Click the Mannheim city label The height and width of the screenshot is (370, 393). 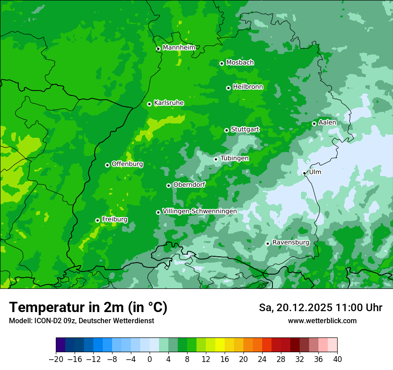(179, 48)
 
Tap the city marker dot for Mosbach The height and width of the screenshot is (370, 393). (222, 63)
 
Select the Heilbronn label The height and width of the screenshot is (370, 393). (248, 87)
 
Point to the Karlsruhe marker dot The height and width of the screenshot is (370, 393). (149, 104)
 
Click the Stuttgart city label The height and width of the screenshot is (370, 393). (245, 130)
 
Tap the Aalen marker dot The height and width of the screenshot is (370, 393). (314, 123)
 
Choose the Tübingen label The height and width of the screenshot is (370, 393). (234, 158)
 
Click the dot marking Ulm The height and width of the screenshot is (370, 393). (304, 173)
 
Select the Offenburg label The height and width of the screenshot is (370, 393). (127, 164)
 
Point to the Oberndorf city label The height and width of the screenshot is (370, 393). (189, 185)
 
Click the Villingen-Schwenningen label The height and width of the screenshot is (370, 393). (200, 211)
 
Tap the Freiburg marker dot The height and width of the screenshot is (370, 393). (97, 220)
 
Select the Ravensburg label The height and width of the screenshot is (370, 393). (291, 243)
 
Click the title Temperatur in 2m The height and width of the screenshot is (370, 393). (88, 307)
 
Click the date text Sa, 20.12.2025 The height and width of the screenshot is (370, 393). (296, 308)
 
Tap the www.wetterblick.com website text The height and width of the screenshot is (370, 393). (322, 321)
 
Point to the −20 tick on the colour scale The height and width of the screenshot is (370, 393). (56, 359)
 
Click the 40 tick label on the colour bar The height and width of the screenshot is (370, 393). (337, 359)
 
